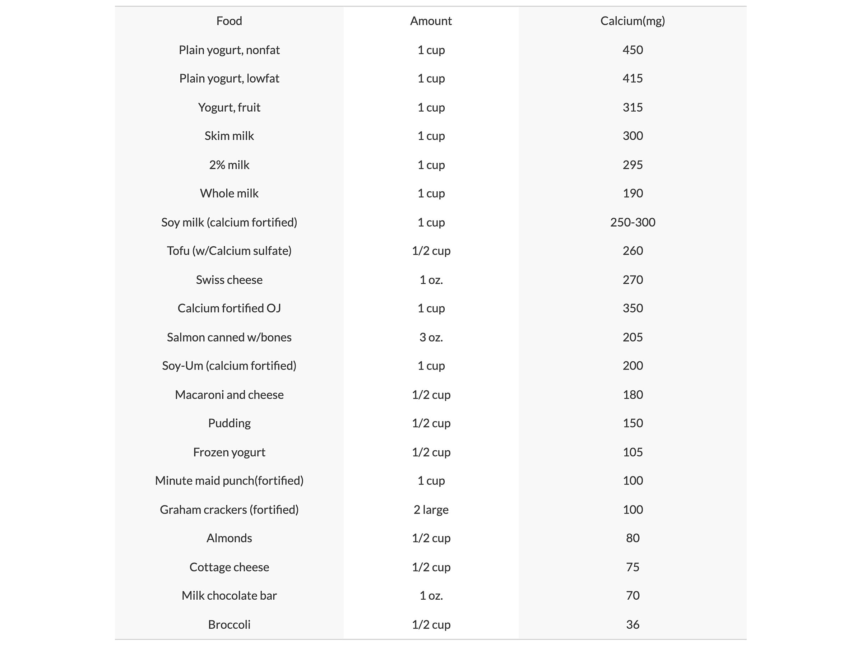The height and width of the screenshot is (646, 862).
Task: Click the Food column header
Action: [229, 21]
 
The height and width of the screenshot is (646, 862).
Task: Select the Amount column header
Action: [431, 21]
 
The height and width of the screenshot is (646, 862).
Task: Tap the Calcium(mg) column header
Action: [632, 21]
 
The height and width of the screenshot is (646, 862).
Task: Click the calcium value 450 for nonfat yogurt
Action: [632, 50]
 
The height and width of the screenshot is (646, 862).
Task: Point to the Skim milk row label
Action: [229, 136]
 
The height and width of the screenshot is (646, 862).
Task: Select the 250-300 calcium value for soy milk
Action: [632, 222]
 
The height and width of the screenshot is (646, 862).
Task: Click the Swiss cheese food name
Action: [229, 280]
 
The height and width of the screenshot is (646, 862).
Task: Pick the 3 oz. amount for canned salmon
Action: [431, 337]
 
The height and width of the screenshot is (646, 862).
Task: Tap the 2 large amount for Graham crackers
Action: [431, 510]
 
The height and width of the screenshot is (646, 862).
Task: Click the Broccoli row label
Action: [229, 624]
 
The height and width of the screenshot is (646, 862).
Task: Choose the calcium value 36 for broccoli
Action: [632, 624]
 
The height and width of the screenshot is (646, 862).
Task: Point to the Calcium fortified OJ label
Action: [229, 308]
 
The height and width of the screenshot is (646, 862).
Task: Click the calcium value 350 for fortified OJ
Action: [632, 308]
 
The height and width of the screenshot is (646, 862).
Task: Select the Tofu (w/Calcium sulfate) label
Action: [229, 251]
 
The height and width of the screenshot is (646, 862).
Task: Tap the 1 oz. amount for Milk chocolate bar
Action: [431, 595]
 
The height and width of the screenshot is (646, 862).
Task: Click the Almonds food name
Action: [229, 538]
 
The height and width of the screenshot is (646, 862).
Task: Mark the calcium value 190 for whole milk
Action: [632, 193]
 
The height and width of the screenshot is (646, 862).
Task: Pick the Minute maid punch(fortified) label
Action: [229, 480]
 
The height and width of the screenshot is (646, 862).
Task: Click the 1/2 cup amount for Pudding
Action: [431, 423]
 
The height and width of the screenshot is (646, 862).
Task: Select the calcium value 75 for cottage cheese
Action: [632, 567]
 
